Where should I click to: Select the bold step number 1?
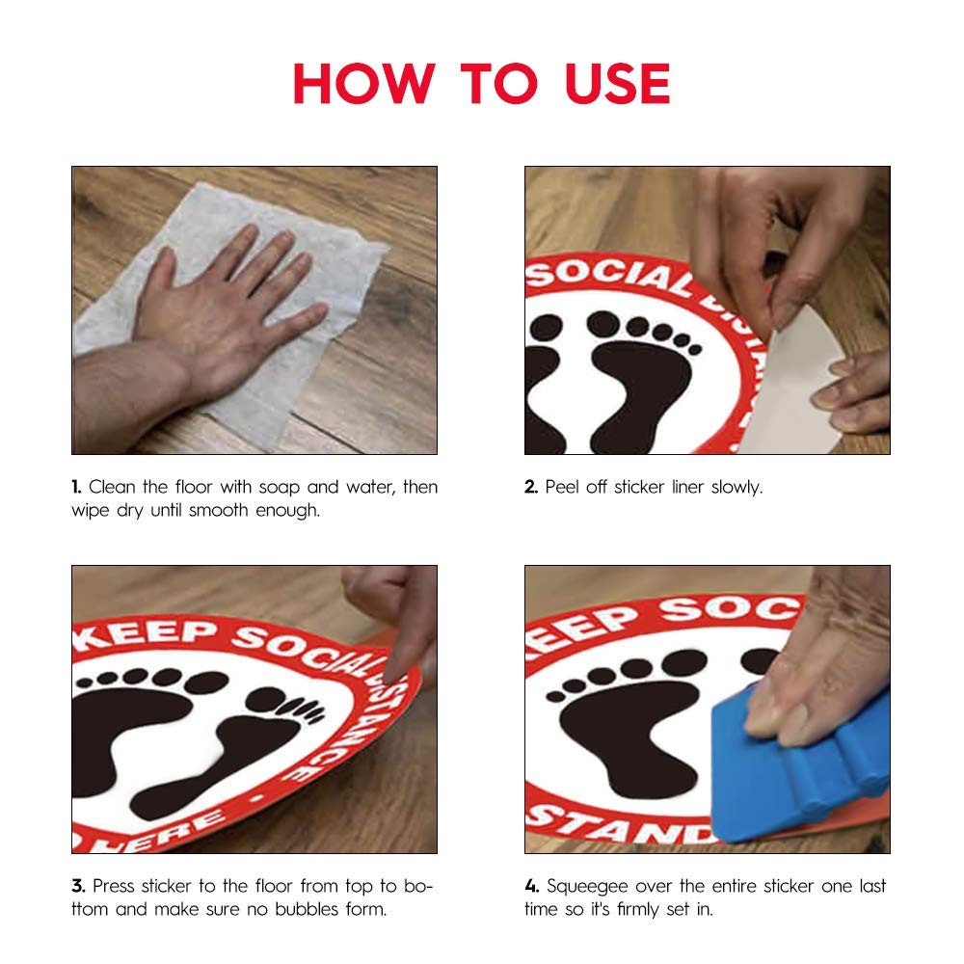76,488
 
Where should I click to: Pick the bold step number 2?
531,488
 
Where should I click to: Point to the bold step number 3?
77,886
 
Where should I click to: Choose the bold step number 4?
532,886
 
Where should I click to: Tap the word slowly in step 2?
737,488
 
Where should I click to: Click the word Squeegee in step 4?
589,886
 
